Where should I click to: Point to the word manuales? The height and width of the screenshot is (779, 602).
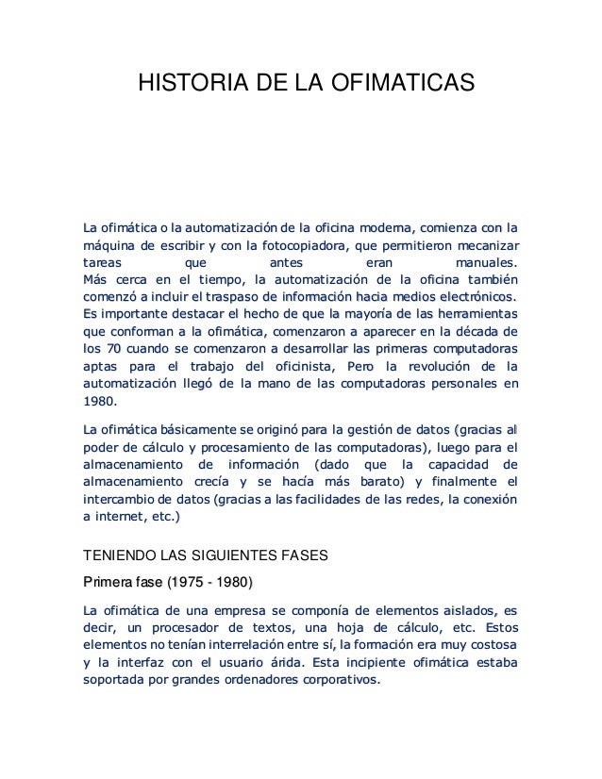coord(486,263)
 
